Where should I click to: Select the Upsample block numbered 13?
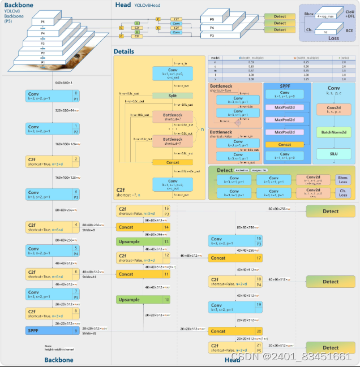coord(143,241)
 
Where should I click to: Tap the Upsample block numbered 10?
coord(143,300)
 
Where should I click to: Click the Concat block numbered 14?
coord(143,227)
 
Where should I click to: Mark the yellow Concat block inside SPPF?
coord(285,145)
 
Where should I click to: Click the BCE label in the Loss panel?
coord(349,31)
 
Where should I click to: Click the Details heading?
coord(124,51)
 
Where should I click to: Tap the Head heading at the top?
coord(123,5)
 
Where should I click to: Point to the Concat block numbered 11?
coord(143,274)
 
